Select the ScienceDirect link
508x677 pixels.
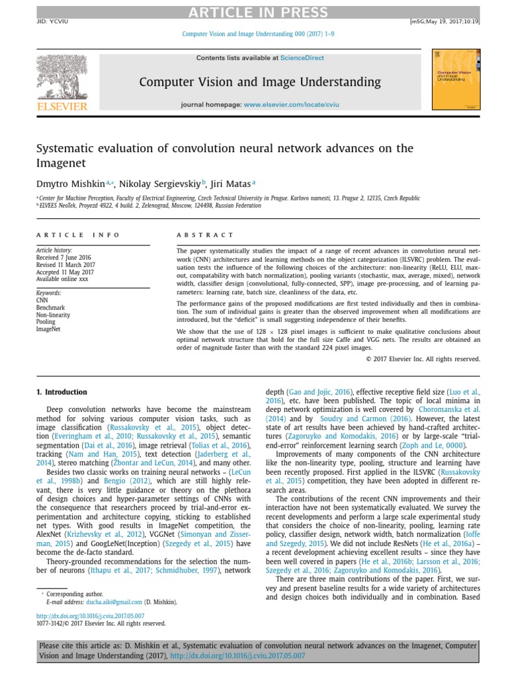tap(302, 58)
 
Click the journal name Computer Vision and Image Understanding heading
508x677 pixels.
tap(260, 82)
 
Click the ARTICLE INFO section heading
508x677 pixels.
tap(78, 235)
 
